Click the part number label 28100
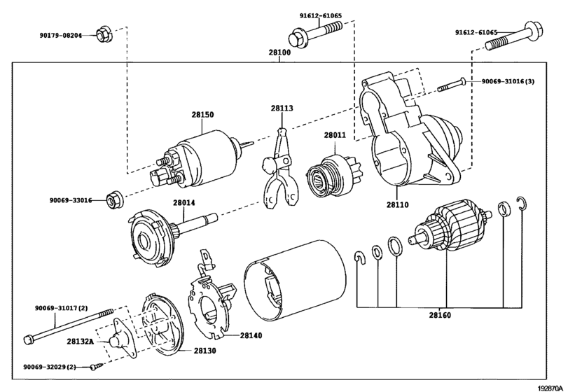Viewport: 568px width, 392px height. coord(279,52)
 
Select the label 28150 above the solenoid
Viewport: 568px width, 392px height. coord(202,114)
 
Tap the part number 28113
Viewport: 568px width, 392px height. coord(282,108)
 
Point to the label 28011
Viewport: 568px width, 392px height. coord(335,135)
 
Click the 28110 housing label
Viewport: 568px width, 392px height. coord(397,204)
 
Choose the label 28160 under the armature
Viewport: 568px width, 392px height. coord(440,315)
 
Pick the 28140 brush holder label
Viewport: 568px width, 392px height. coord(251,335)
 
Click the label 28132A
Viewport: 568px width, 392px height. coord(80,341)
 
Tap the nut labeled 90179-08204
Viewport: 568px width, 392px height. coord(104,34)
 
